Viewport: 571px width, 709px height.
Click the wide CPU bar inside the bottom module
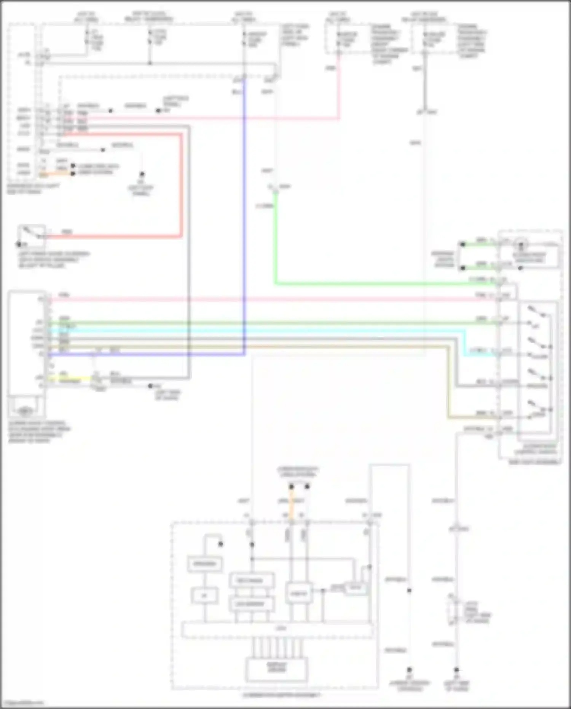pos(277,629)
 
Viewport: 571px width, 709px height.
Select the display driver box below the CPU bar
pos(277,669)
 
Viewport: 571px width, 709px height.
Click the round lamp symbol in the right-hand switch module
pos(521,244)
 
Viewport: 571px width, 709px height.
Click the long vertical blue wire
pos(244,213)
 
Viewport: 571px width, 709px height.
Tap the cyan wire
pos(266,330)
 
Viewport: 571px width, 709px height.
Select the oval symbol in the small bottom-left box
pos(25,411)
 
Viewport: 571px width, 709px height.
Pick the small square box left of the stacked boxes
pos(205,595)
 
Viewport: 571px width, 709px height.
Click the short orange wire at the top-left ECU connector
pos(57,174)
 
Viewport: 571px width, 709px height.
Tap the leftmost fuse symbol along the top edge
pos(87,37)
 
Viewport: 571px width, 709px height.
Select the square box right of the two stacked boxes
pos(299,593)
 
